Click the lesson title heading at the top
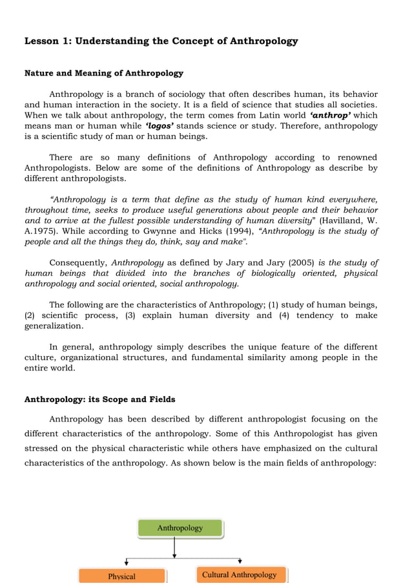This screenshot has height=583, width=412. (x=161, y=41)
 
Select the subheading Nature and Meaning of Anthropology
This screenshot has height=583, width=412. (x=103, y=73)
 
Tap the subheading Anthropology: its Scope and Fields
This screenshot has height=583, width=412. (x=99, y=399)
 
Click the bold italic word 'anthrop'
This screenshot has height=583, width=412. (x=330, y=115)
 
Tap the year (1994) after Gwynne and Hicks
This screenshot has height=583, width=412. (x=240, y=231)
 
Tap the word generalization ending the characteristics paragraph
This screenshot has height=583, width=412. (x=54, y=326)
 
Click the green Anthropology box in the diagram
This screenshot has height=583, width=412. (x=180, y=528)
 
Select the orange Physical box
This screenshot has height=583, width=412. (x=122, y=576)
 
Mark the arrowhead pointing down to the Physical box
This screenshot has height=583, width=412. (x=127, y=563)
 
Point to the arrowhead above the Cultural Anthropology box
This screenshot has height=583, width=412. (x=240, y=561)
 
